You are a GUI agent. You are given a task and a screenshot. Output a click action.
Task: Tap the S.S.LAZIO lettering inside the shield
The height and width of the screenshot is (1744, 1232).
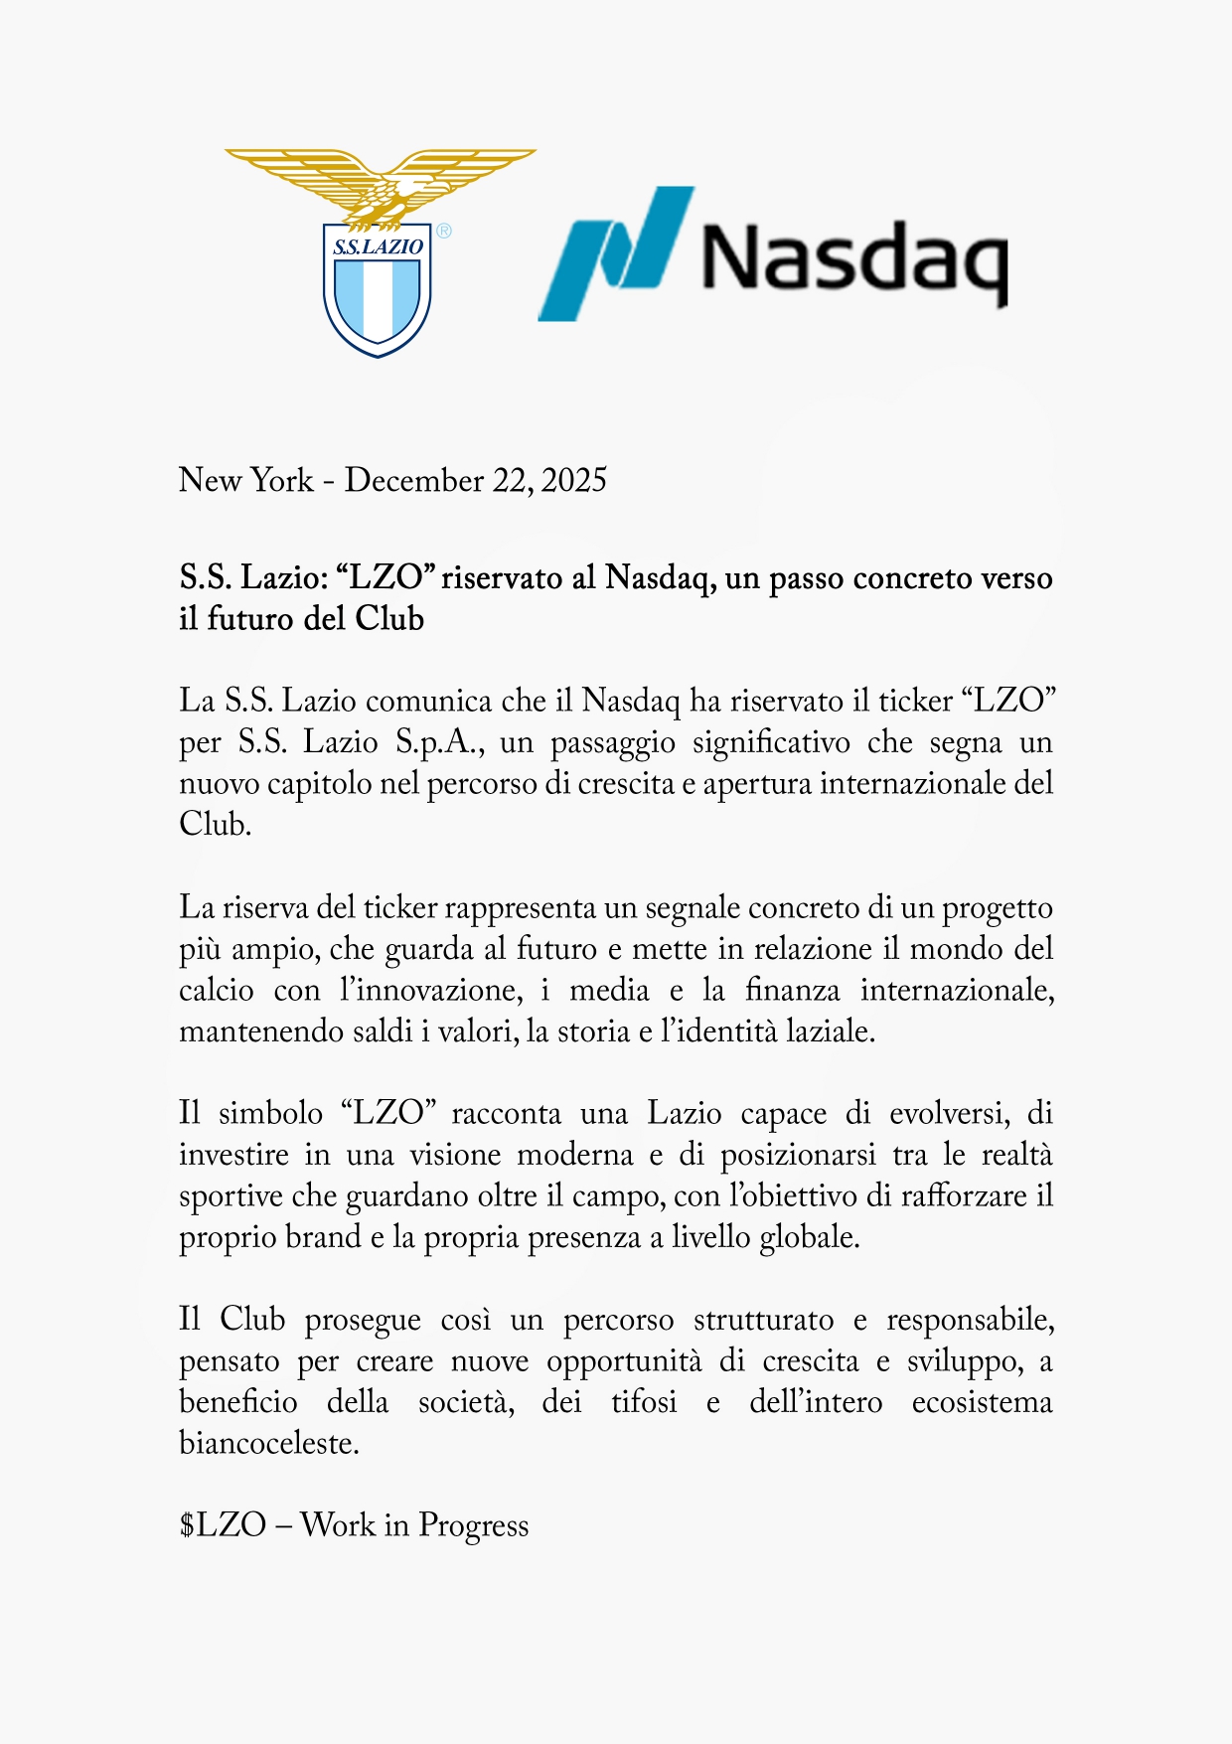pos(378,247)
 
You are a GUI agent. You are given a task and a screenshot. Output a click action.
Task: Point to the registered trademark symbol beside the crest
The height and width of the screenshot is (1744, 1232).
pos(443,231)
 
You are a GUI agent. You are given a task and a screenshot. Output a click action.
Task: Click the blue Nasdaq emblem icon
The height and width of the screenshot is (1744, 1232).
pos(616,254)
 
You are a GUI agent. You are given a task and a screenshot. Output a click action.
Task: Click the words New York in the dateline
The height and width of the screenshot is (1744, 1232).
pos(245,480)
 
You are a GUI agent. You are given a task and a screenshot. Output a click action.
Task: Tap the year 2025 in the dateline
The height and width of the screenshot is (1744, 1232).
pos(574,480)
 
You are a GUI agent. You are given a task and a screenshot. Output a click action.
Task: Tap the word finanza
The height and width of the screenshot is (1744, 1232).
pos(792,990)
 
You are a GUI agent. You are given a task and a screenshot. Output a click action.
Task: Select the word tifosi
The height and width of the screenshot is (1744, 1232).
pos(644,1402)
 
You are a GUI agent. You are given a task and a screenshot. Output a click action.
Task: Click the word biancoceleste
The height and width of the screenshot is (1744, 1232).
pos(268,1443)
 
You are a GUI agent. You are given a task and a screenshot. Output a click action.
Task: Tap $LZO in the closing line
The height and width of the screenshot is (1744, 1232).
pos(223,1525)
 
